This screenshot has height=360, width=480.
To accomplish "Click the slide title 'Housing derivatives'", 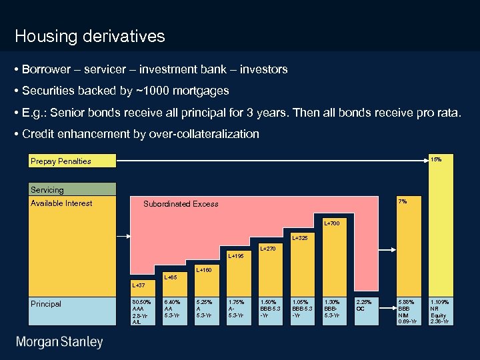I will point(89,36).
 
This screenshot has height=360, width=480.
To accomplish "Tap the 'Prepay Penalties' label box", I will point(61,161).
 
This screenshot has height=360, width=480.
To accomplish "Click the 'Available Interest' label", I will point(61,203).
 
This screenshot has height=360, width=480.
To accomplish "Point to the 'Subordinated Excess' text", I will point(181,204).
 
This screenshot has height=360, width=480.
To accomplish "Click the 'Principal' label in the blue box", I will point(46,304).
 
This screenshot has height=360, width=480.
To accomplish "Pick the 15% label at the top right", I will point(436,159).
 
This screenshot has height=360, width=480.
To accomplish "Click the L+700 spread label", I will point(332,223).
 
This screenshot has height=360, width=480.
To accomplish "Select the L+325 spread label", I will point(301,237).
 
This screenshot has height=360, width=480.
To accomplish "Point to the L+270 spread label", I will point(268,249).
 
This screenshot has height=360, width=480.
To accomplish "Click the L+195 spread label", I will point(237,256).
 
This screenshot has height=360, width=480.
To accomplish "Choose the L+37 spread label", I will point(139,285).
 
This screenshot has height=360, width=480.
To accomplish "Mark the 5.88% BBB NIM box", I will point(408,311).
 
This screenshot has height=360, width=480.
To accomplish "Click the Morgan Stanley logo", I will point(60,342).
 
